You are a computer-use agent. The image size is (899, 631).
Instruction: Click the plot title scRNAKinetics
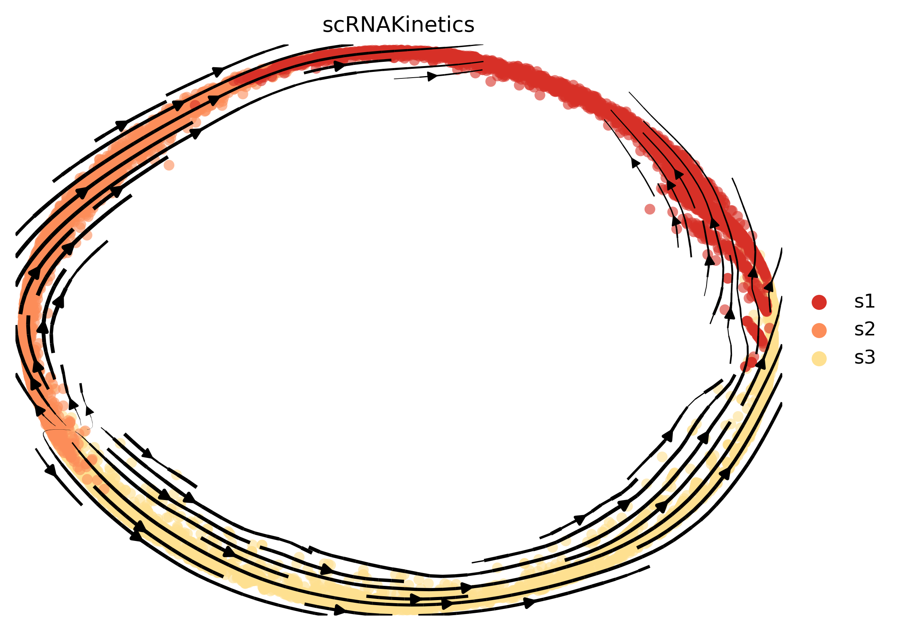click(398, 26)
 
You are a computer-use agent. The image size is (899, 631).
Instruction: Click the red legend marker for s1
click(819, 302)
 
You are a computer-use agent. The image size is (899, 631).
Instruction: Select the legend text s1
click(865, 301)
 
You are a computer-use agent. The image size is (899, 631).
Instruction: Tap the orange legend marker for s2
click(819, 330)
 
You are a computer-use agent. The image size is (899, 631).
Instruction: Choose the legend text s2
click(865, 330)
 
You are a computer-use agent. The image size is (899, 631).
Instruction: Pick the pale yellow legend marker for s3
click(819, 359)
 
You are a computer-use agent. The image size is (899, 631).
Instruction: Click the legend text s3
click(865, 358)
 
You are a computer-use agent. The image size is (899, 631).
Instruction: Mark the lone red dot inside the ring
click(650, 209)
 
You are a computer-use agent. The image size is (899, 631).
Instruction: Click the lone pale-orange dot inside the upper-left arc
click(169, 165)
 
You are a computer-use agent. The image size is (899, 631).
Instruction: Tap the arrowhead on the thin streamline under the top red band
click(432, 77)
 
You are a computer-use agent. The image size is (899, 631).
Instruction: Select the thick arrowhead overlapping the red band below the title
click(340, 66)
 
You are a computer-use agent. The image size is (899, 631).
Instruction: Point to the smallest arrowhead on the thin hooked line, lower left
click(89, 411)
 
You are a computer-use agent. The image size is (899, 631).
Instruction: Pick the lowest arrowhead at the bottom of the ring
click(340, 610)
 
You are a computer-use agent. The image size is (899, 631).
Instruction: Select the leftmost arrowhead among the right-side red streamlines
click(635, 162)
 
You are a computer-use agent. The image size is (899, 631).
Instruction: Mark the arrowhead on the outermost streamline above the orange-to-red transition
click(218, 71)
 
